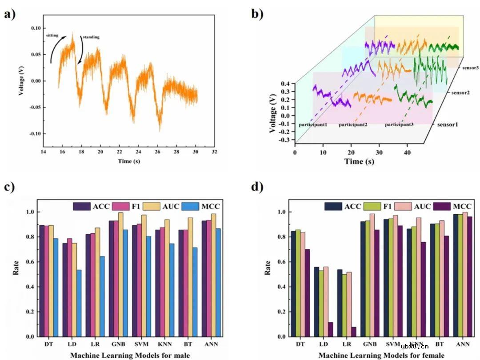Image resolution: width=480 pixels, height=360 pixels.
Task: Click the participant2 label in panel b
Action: tap(353, 125)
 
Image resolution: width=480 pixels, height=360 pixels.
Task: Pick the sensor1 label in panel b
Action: tap(447, 124)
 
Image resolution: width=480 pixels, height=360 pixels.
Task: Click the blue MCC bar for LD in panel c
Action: tap(79, 303)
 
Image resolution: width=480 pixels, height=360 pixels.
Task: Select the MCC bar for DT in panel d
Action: tap(307, 293)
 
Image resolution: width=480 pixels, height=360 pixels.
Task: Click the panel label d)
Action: tap(258, 187)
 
